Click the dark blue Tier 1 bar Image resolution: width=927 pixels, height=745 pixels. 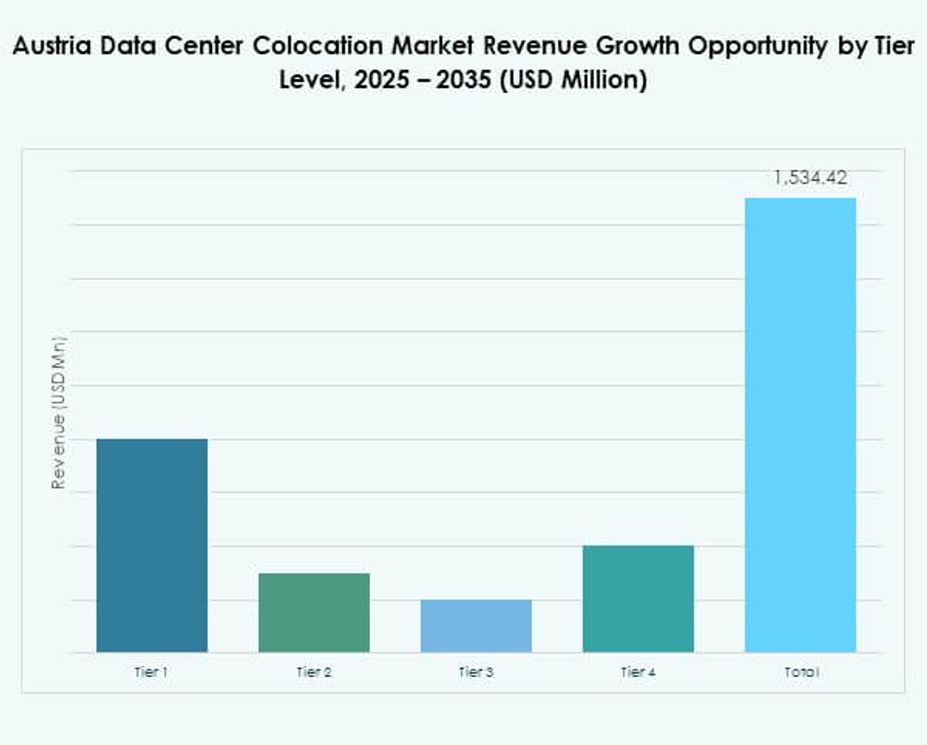click(x=152, y=545)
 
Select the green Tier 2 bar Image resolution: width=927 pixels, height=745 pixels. click(x=314, y=612)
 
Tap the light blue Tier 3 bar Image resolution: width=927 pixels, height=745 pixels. click(x=476, y=626)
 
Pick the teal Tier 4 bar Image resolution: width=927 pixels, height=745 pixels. click(x=637, y=599)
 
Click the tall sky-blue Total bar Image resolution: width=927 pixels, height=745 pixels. click(x=800, y=424)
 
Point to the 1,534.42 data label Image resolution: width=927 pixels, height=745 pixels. click(x=811, y=177)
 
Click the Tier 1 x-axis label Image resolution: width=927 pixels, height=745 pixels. click(x=152, y=671)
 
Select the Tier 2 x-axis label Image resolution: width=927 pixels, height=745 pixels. click(x=314, y=671)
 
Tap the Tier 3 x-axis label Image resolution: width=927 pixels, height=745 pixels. click(x=476, y=671)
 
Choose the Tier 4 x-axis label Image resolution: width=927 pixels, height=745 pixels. click(x=637, y=671)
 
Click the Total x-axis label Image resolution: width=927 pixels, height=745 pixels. click(x=800, y=671)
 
